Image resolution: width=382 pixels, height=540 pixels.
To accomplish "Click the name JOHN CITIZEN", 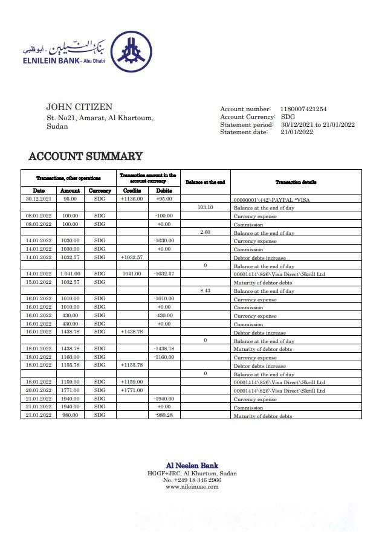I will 79,108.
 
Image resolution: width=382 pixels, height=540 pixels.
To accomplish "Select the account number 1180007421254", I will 303,109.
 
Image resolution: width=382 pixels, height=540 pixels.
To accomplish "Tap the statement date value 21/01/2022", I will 296,132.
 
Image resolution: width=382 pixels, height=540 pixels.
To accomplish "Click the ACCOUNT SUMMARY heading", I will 85,157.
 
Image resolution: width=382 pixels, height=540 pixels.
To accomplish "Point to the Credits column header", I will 132,190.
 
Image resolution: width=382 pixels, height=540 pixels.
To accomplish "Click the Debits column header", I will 164,190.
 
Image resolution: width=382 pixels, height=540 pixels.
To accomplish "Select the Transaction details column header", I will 296,182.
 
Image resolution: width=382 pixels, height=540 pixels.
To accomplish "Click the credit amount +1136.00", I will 132,199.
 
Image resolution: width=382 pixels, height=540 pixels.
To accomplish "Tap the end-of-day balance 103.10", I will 206,207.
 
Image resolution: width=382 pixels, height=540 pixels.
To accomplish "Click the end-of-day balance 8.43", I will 206,291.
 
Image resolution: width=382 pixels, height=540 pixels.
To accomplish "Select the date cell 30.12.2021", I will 38,199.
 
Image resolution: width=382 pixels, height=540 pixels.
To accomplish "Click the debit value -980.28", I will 164,416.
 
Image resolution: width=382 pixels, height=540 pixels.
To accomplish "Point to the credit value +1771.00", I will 132,391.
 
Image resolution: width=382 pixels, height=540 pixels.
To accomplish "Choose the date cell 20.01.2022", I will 38,391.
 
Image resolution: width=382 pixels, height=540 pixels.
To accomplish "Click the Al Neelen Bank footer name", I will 192,466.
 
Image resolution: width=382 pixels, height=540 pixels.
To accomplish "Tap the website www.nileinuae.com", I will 192,487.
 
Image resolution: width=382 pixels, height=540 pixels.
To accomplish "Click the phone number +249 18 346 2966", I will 196,480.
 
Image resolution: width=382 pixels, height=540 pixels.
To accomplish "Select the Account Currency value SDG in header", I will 288,117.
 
